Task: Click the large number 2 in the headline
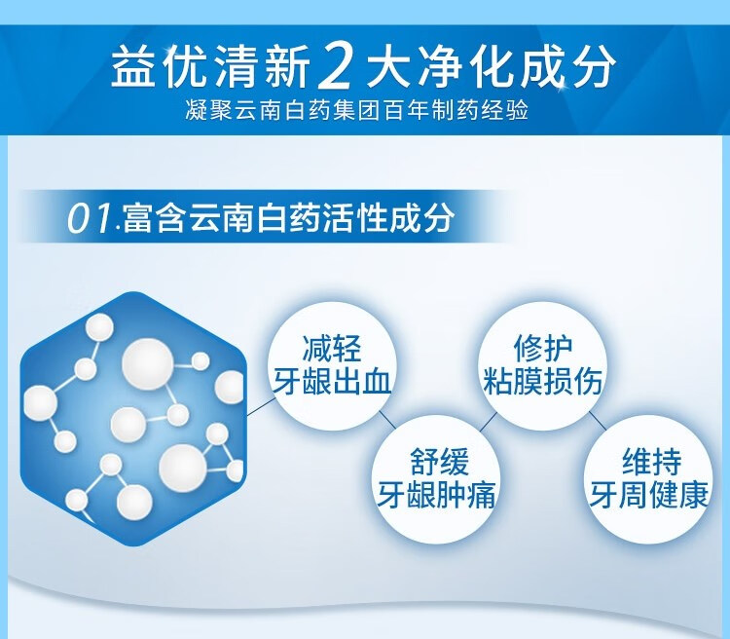(334, 65)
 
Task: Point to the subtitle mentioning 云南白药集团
(356, 110)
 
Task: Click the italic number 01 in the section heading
(91, 218)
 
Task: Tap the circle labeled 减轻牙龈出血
(332, 366)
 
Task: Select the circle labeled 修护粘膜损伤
(542, 366)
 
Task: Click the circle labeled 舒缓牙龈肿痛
(436, 479)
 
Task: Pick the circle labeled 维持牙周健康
(648, 479)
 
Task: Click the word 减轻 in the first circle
(332, 349)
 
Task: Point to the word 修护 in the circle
(543, 349)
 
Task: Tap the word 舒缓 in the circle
(439, 462)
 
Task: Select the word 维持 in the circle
(651, 462)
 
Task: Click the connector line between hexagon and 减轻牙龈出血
(261, 406)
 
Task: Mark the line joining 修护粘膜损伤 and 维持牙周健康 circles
(598, 421)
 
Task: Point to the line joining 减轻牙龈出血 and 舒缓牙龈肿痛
(387, 419)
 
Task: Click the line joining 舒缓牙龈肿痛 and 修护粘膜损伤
(488, 423)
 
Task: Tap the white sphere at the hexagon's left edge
(40, 403)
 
